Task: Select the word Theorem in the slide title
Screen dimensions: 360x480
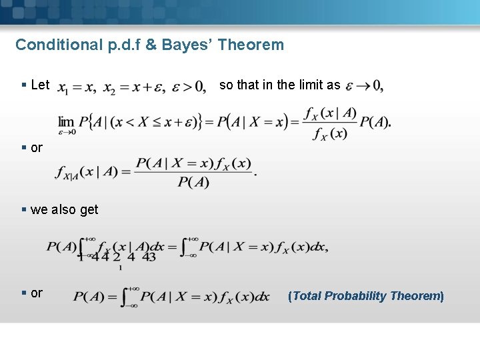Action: pos(250,45)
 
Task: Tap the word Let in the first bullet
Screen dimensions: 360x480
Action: pos(40,85)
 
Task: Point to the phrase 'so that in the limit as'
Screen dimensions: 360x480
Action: pos(279,85)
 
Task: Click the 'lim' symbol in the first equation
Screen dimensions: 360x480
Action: pos(66,121)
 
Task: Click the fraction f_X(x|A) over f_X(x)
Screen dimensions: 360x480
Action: pos(329,123)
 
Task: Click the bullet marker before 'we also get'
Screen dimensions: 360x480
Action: pos(24,209)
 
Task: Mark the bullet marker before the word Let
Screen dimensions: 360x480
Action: pos(24,85)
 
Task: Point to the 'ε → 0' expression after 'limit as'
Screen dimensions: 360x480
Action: pos(364,86)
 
